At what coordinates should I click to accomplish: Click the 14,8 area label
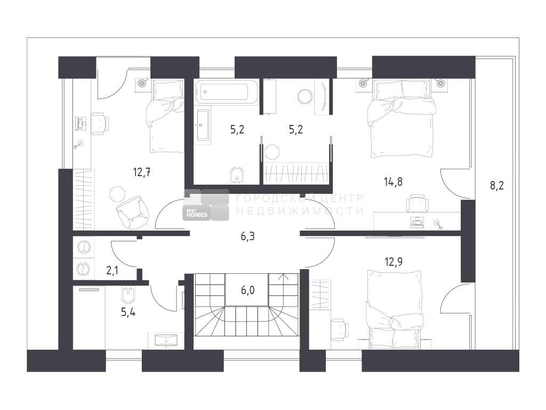(x=393, y=182)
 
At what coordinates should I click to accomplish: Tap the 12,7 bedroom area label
(x=142, y=172)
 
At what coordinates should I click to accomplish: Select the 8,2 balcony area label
(x=497, y=185)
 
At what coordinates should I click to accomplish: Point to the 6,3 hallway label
(x=247, y=236)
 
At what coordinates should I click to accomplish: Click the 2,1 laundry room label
(x=112, y=271)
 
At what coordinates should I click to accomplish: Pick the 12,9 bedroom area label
(x=394, y=262)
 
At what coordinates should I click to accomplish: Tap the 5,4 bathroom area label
(x=128, y=312)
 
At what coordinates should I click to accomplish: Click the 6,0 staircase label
(x=247, y=290)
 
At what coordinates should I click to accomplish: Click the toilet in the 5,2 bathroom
(x=237, y=175)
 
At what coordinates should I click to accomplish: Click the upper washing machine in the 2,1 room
(x=84, y=247)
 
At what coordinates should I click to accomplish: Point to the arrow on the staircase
(x=284, y=278)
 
